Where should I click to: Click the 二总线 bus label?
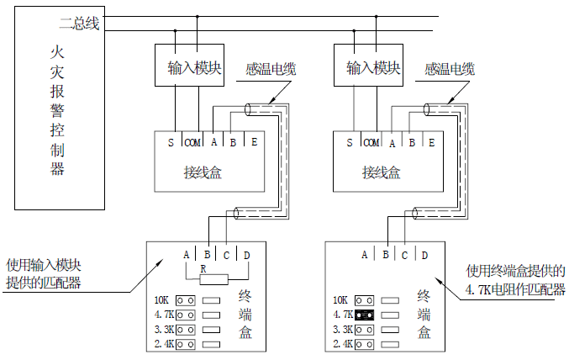click(x=80, y=23)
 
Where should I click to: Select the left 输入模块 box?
click(x=195, y=67)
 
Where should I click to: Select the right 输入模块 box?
click(x=373, y=67)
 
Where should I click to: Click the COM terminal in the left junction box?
click(x=192, y=142)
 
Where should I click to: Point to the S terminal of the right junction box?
click(x=350, y=142)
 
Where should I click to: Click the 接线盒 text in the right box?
click(x=382, y=172)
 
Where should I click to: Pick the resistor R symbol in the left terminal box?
click(x=217, y=281)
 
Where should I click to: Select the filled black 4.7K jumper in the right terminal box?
click(x=364, y=315)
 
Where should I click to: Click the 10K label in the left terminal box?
click(x=163, y=299)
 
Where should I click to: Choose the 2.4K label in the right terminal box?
click(x=340, y=344)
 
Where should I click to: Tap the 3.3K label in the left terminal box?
click(x=163, y=329)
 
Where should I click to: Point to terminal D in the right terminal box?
click(x=424, y=254)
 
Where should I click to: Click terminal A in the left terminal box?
click(x=186, y=254)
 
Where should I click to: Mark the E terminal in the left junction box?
click(x=254, y=142)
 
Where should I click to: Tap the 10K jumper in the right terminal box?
click(x=364, y=299)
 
